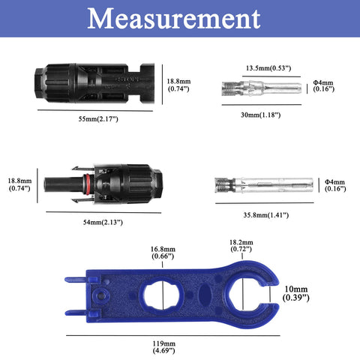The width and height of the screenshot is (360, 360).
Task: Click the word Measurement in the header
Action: pyautogui.click(x=174, y=19)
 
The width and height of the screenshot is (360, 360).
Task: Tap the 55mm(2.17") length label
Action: pyautogui.click(x=98, y=119)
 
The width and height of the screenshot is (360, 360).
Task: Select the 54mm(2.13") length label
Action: pyautogui.click(x=103, y=222)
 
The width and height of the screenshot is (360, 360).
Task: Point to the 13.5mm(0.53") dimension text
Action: pyautogui.click(x=268, y=68)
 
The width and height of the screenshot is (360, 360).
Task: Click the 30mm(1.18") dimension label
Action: pyautogui.click(x=260, y=115)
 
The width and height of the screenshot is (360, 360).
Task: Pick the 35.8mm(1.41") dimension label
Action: pyautogui.click(x=266, y=215)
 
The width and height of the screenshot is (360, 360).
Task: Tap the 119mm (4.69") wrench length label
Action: pyautogui.click(x=163, y=347)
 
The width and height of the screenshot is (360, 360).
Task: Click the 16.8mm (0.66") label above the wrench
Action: pyautogui.click(x=163, y=253)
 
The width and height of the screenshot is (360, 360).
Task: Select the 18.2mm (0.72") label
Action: pyautogui.click(x=241, y=246)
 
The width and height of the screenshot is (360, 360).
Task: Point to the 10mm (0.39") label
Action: pyautogui.click(x=296, y=293)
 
